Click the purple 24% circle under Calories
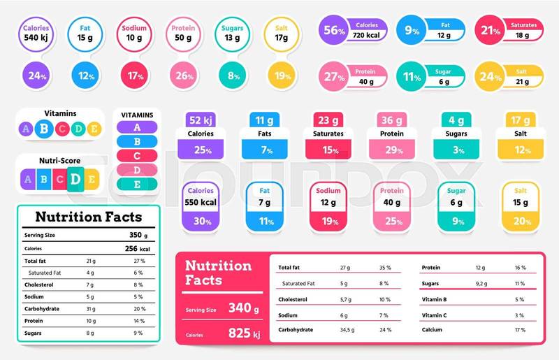click(x=36, y=75)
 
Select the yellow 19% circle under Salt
click(x=282, y=75)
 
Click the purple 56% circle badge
click(x=334, y=29)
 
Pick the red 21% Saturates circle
click(x=490, y=29)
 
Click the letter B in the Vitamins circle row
click(x=44, y=128)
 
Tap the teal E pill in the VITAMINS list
click(x=137, y=185)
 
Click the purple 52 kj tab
click(x=201, y=120)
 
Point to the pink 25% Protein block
click(x=392, y=222)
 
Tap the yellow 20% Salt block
click(x=521, y=222)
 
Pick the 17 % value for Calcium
click(x=519, y=329)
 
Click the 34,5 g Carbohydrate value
click(x=348, y=329)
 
